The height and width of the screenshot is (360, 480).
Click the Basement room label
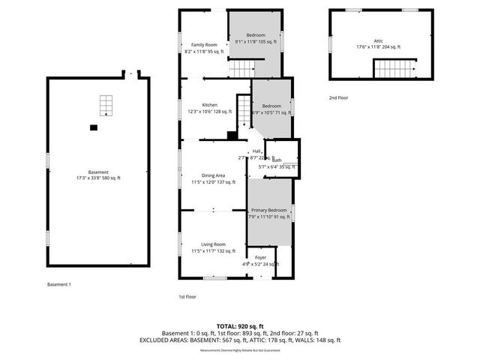pos(98,175)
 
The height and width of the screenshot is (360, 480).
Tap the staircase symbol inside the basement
pos(106,105)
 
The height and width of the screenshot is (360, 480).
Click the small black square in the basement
pos(94,127)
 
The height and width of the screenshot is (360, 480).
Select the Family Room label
pos(205,48)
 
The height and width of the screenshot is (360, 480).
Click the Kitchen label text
pos(209,108)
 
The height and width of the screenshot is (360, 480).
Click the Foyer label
pos(260,260)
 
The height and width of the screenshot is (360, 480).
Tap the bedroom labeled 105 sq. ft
pos(256,39)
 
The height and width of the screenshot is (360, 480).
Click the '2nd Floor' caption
pos(338,97)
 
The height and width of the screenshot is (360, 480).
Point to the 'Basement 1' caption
pos(58,284)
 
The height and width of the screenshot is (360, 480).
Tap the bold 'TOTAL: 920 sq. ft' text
pos(240,326)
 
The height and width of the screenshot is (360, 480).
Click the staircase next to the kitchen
pos(244,112)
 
